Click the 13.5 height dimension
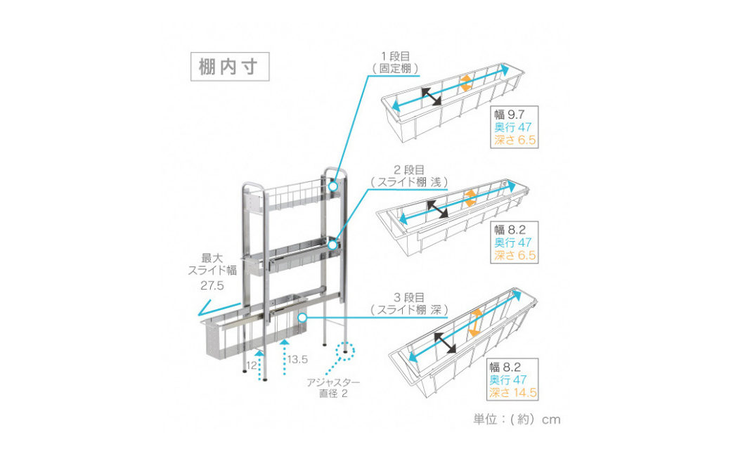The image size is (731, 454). click(298, 360)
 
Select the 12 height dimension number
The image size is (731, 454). click(251, 365)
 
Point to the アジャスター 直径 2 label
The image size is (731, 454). click(333, 388)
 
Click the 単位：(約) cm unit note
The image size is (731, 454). click(517, 419)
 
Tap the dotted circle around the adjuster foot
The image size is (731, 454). click(346, 350)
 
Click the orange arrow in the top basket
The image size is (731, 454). click(465, 84)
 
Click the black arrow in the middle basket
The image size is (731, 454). click(439, 209)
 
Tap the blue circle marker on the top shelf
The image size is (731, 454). click(332, 187)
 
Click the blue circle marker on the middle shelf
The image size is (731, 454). click(332, 245)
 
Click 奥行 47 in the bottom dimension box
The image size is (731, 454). click(515, 379)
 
